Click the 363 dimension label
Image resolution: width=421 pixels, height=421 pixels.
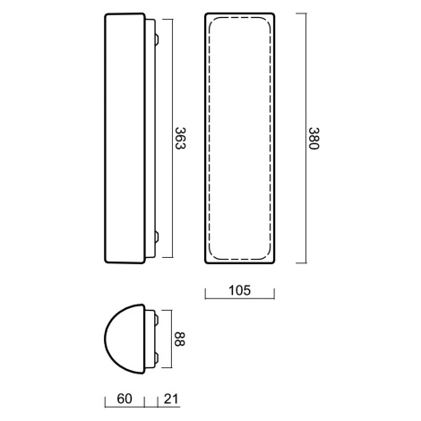tap(180, 138)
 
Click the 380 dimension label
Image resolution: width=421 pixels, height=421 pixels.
tap(314, 139)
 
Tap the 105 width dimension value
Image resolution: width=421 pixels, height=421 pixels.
tap(239, 290)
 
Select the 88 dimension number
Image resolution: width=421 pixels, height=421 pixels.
tap(179, 339)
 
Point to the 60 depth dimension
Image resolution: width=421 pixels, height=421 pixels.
tap(125, 399)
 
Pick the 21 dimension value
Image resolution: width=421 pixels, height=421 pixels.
tap(171, 399)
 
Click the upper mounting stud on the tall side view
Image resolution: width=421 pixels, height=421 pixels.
tap(157, 39)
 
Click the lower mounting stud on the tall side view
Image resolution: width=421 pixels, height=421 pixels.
tap(157, 236)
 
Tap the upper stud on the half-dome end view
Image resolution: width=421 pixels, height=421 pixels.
tap(157, 320)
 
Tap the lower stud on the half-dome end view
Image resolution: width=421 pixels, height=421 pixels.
tap(157, 357)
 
